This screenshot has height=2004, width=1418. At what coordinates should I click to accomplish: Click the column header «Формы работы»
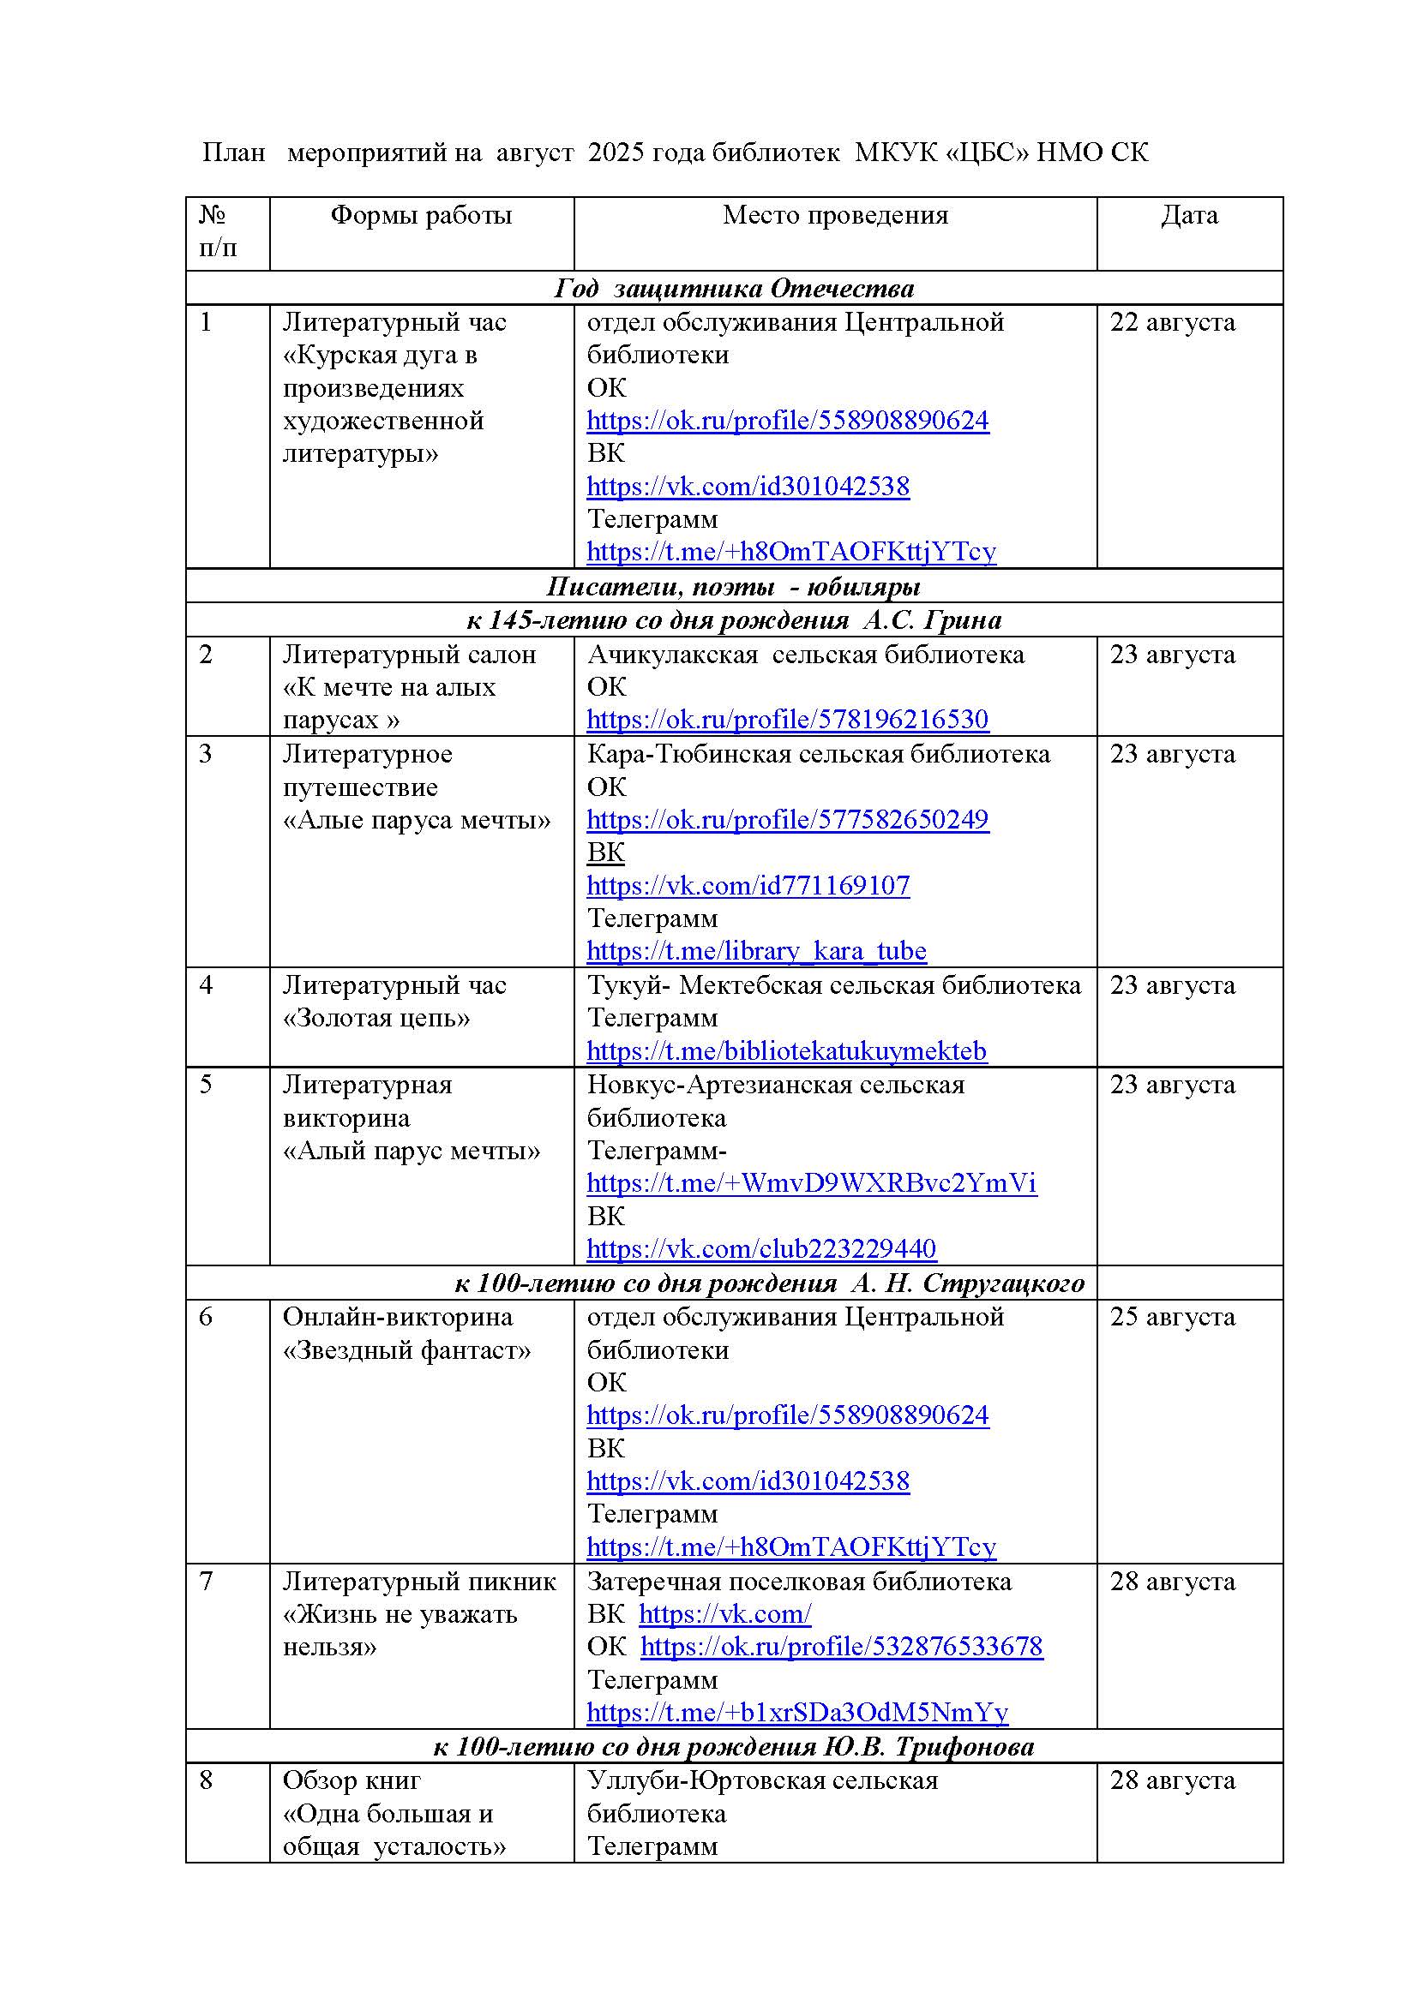tap(421, 216)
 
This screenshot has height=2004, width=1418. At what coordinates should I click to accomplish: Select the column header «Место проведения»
tap(835, 216)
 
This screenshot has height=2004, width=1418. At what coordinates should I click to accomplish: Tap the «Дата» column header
tap(1188, 216)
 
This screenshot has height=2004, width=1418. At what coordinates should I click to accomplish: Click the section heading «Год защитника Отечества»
tap(734, 289)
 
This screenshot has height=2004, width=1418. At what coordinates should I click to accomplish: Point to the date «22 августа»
tap(1172, 323)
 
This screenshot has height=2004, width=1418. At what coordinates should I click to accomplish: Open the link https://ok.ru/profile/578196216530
tap(787, 719)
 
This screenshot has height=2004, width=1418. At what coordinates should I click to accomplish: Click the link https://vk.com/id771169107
tap(748, 886)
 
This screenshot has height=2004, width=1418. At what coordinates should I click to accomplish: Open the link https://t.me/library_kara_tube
tap(756, 950)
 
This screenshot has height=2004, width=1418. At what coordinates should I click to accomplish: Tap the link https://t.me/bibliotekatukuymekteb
tap(786, 1051)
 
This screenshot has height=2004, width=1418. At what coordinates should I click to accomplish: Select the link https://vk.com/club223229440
tap(760, 1249)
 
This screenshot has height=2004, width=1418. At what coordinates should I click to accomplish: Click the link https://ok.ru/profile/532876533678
tap(841, 1646)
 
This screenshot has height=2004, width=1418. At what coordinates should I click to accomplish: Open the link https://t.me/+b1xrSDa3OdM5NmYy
tap(796, 1713)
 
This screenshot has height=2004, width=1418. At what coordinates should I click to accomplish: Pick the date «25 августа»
tap(1172, 1317)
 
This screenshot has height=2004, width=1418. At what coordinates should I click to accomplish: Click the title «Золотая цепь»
tap(376, 1019)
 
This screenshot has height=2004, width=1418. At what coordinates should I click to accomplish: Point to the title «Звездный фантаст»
tap(407, 1350)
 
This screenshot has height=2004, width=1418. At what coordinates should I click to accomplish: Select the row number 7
tap(206, 1582)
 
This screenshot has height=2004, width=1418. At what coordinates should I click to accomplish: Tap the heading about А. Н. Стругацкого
tap(768, 1283)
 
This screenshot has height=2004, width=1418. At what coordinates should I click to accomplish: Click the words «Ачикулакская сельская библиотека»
tap(805, 655)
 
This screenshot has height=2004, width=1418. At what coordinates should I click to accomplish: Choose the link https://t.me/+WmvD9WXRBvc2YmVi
tap(811, 1183)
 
